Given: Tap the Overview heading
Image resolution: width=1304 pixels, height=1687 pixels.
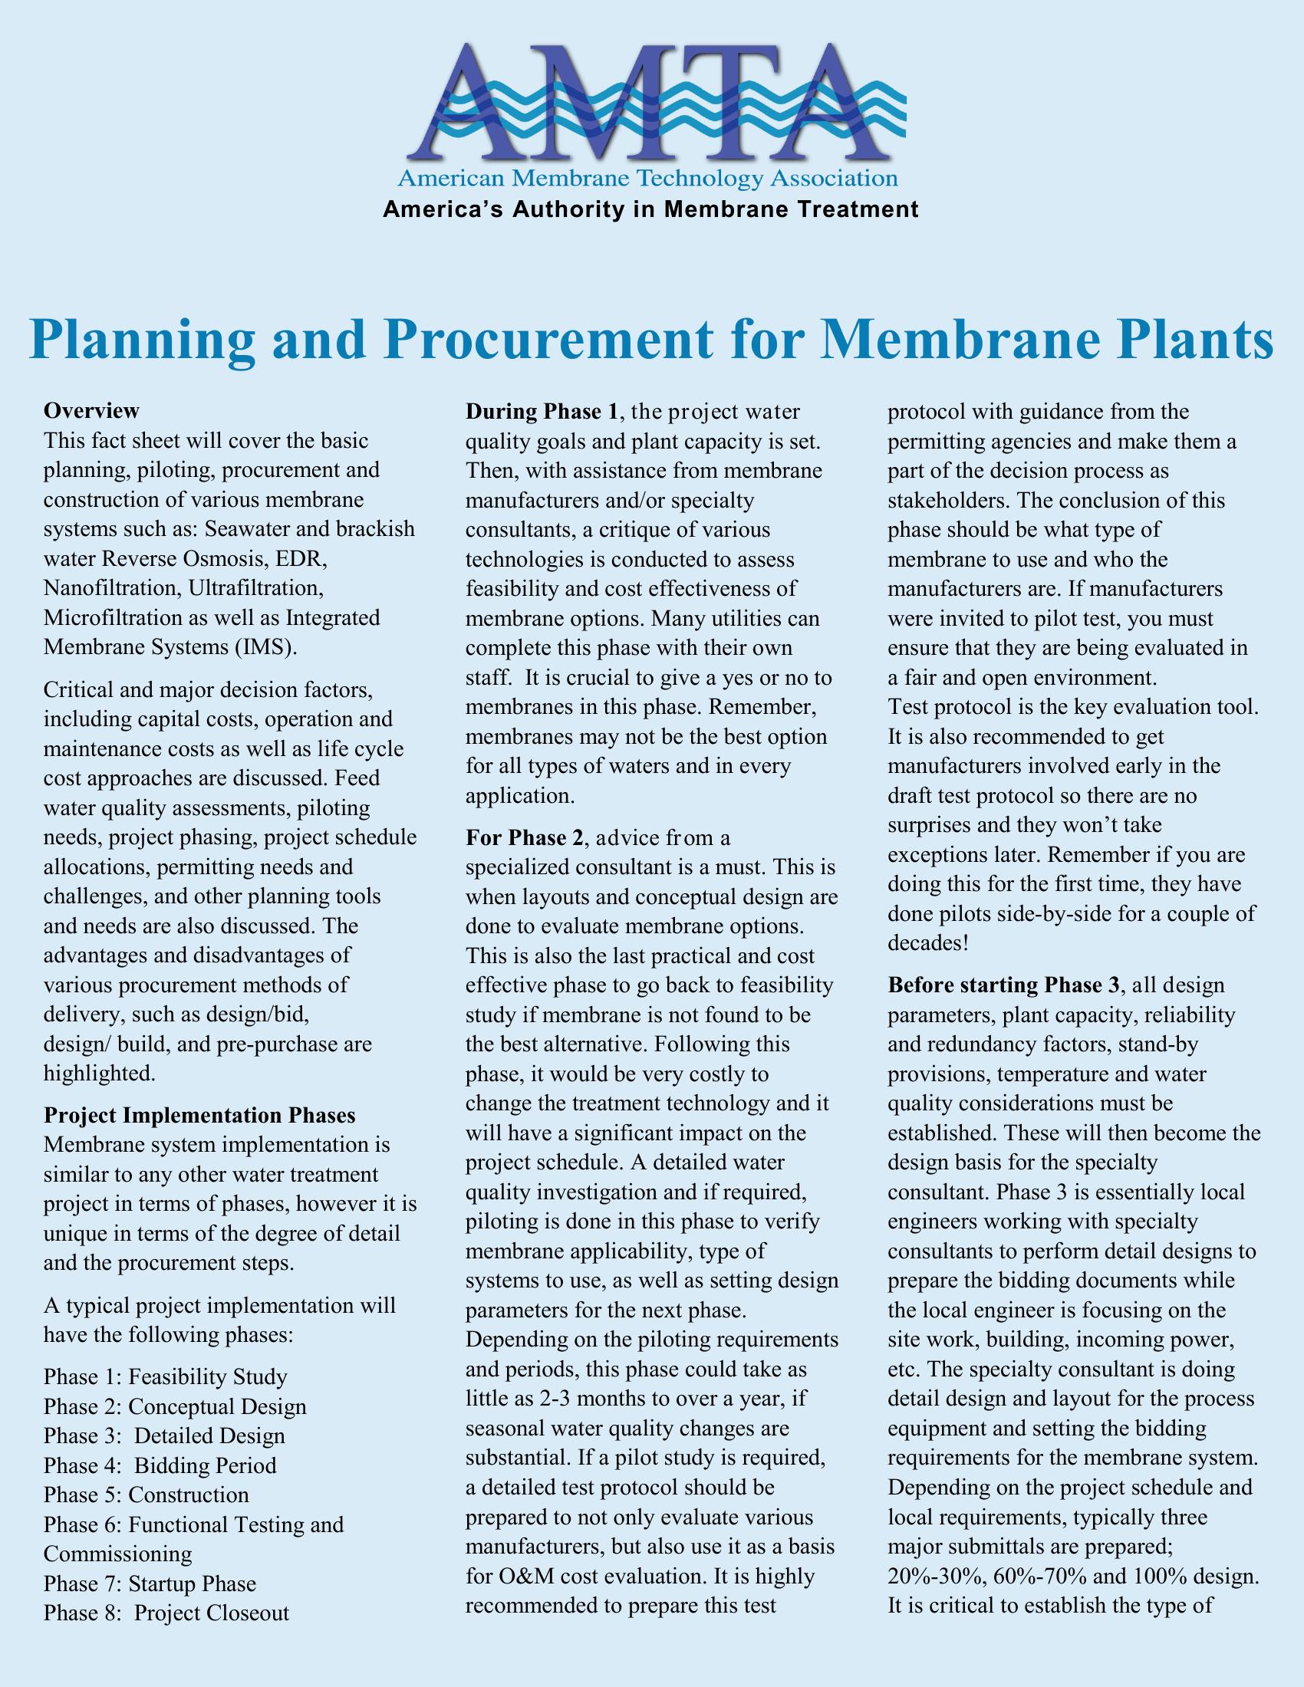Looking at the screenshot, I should [92, 409].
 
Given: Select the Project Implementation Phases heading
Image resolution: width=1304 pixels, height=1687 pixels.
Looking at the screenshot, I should [200, 1116].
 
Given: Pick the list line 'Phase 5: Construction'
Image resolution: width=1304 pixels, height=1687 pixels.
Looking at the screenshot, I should [146, 1495].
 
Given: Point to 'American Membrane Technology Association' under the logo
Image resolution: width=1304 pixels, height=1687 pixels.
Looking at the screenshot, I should [647, 179].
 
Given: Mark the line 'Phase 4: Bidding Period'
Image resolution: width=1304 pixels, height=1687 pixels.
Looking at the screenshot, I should [160, 1465].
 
